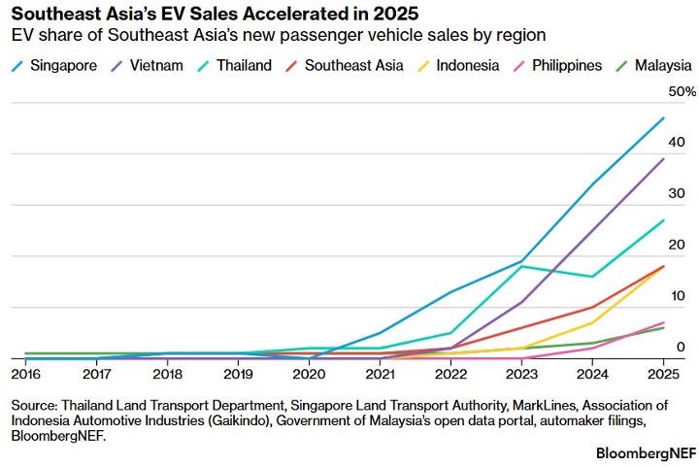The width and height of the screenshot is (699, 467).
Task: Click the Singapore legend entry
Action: coord(54,65)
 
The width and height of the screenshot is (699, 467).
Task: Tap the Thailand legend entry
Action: coord(235,65)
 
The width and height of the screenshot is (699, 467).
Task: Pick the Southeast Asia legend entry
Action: coord(344,65)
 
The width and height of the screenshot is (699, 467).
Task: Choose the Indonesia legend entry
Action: coord(458,65)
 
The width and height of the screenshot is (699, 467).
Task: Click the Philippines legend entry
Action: coord(557,65)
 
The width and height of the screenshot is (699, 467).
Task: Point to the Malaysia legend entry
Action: coord(653,65)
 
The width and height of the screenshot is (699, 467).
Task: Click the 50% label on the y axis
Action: coord(682,92)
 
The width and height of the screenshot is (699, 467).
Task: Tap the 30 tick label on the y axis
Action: coord(677,193)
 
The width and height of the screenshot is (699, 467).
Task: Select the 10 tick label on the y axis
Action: coord(677,296)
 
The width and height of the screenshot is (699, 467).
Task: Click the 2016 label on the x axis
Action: coord(26,374)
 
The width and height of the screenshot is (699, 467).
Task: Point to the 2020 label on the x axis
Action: coord(309,374)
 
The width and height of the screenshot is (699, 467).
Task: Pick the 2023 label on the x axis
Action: coord(521,374)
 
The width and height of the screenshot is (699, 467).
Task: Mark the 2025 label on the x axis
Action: coord(663,374)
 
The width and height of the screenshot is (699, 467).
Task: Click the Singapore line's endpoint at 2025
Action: coord(664,118)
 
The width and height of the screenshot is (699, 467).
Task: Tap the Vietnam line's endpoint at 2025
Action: coord(664,159)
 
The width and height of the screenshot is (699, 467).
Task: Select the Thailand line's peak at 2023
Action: coord(521,266)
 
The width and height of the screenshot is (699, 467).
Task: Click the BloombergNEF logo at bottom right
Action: coord(646,453)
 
